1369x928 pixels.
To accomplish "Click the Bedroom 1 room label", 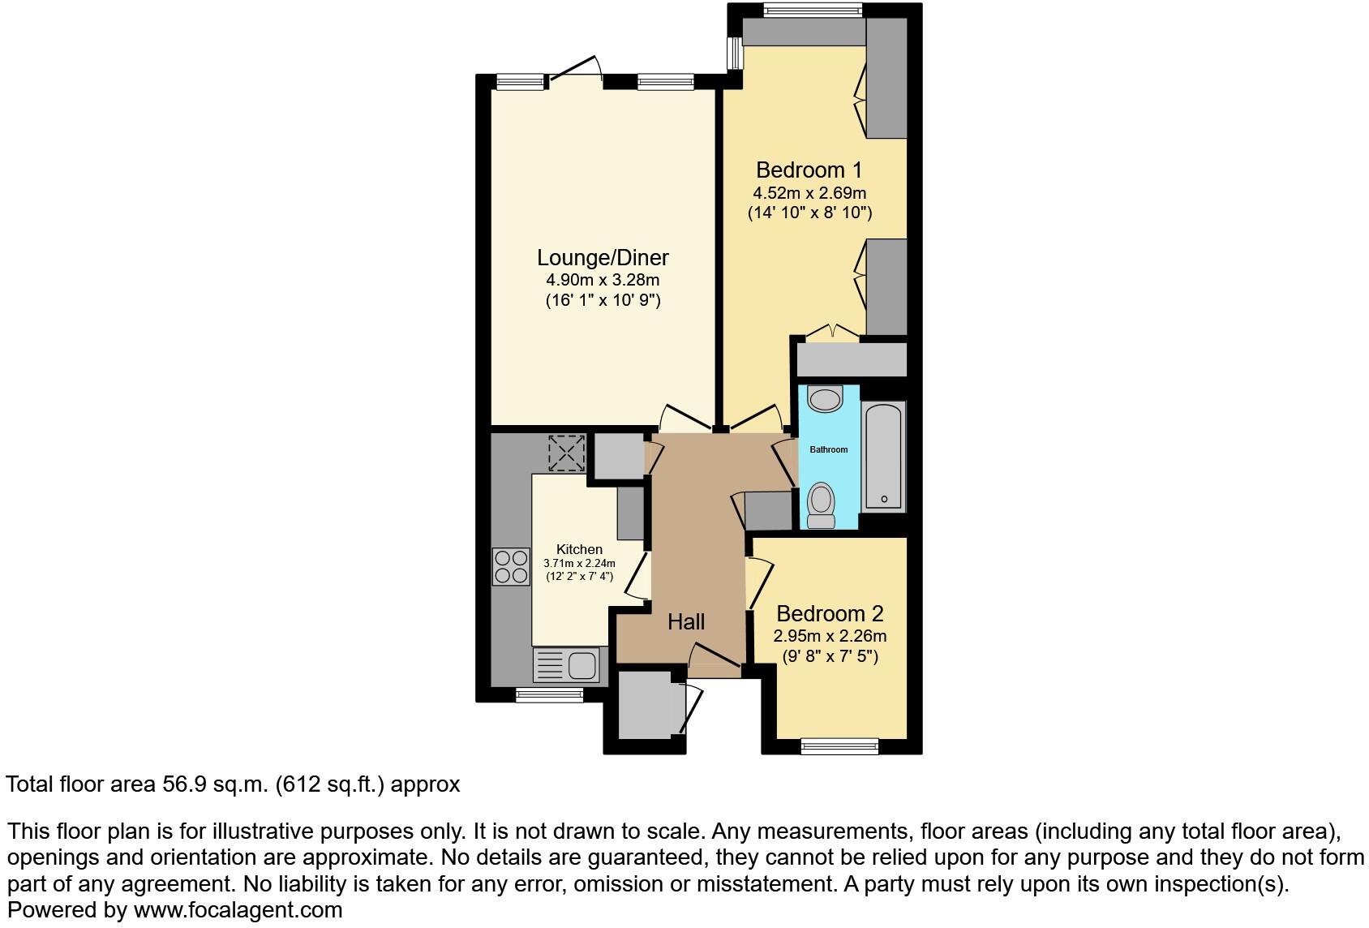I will tap(809, 170).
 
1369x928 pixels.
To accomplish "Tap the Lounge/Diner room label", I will tap(603, 258).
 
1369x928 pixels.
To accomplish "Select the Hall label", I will tap(686, 622).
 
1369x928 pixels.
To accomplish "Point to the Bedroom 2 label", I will tap(830, 614).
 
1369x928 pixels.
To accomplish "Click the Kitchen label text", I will tap(579, 549).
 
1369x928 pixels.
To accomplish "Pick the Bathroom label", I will tap(829, 449).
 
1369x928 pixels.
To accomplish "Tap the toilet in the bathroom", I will tap(822, 505).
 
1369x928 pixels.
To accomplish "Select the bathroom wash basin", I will tap(826, 399).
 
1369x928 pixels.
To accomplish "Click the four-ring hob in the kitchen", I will tap(510, 566).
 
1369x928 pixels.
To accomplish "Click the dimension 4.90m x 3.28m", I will tap(603, 280).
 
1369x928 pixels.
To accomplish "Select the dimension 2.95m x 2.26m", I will tap(830, 636).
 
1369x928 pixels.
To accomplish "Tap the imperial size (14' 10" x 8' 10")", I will tap(809, 213).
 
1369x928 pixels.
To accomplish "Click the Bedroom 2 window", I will tap(839, 745).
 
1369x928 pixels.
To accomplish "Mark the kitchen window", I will tap(549, 694).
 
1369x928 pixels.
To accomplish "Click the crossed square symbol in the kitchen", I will tap(566, 453).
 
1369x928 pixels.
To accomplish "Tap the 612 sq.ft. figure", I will tap(334, 784).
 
